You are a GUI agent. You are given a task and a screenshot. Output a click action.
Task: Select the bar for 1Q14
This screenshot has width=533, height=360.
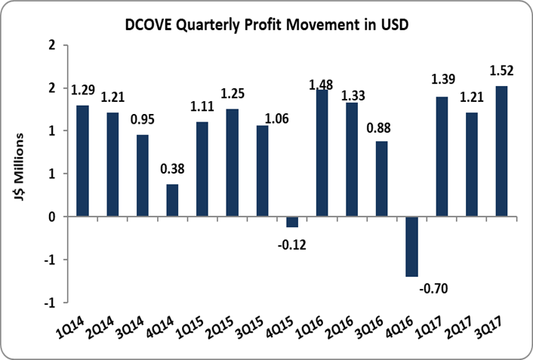pos(82,161)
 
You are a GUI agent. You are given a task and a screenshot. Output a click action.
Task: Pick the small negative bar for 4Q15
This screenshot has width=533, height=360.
pos(291,222)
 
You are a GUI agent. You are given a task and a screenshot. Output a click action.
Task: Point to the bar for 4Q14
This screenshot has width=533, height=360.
pos(172,200)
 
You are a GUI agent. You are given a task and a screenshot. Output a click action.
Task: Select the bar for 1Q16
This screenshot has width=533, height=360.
pos(322,153)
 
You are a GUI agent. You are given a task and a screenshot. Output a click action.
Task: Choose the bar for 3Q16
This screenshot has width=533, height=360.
pos(381,179)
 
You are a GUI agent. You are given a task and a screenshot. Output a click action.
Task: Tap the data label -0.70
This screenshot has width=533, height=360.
pos(433,288)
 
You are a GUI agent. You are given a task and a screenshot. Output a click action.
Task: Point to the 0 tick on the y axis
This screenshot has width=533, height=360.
pos(52,217)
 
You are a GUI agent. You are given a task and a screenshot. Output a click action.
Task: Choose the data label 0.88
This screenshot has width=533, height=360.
pos(381,127)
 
